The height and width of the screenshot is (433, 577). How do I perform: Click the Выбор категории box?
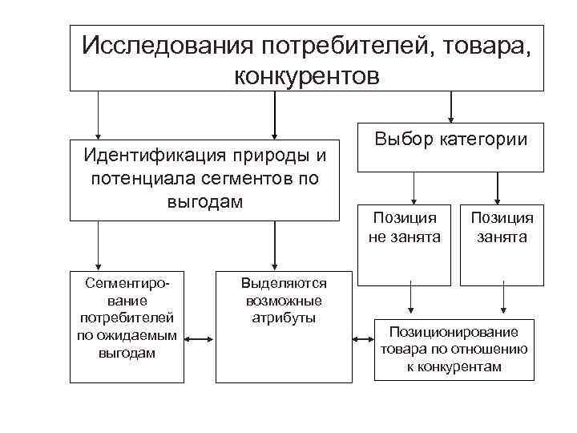pyautogui.click(x=450, y=146)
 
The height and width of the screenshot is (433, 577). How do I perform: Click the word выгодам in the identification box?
pyautogui.click(x=204, y=200)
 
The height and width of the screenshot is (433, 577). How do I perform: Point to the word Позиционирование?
pyautogui.click(x=453, y=331)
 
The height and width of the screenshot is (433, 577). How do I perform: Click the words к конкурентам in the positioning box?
pyautogui.click(x=454, y=366)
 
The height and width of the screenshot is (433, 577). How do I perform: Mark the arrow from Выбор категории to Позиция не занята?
pyautogui.click(x=414, y=188)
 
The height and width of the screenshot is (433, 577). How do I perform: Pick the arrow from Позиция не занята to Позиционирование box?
pyautogui.click(x=410, y=300)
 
